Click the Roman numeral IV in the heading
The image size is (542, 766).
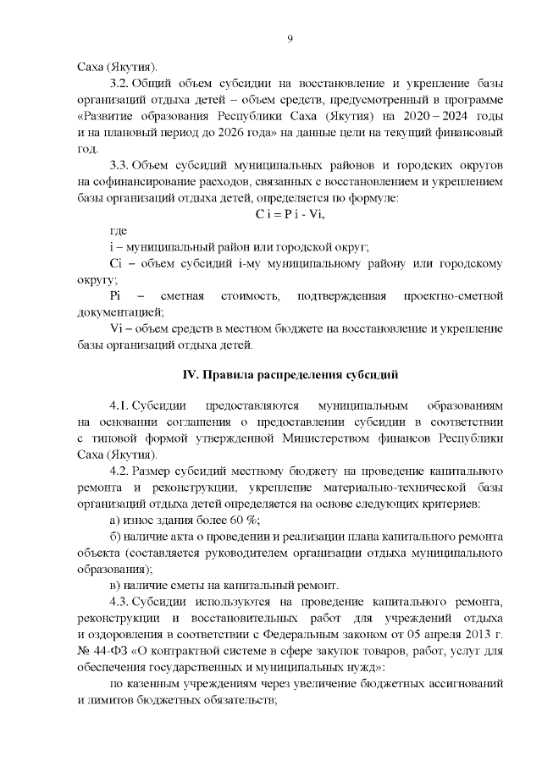(191, 374)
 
